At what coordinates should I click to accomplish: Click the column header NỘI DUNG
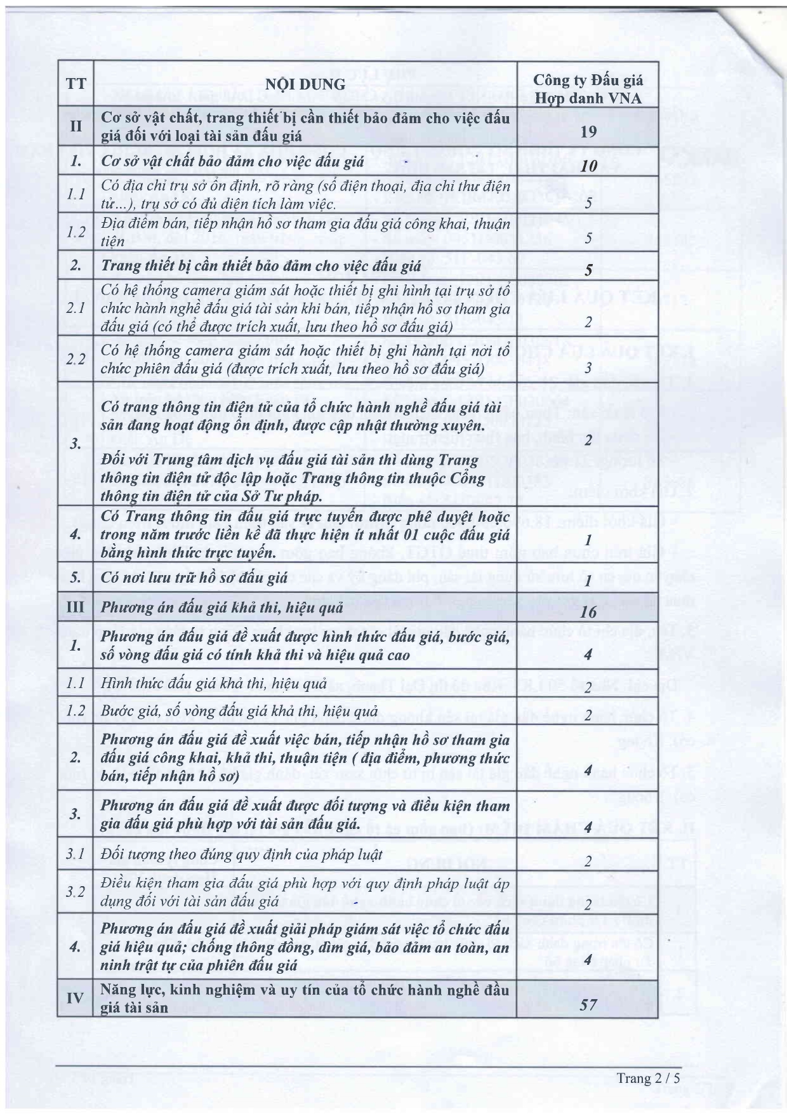tap(305, 84)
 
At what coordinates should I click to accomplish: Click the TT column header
tap(76, 84)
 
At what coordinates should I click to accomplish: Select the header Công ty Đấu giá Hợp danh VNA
tap(588, 89)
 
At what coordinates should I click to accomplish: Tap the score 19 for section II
tap(588, 131)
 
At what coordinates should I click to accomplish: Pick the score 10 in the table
tap(588, 166)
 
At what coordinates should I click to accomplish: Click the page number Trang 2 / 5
tap(647, 1078)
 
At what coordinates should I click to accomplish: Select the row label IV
tap(76, 998)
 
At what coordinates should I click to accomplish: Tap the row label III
tap(76, 606)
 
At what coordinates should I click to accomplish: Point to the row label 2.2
tap(76, 359)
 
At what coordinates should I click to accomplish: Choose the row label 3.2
tap(76, 891)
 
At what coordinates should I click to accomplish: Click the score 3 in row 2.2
tap(588, 368)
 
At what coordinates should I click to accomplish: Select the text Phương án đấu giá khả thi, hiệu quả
tap(222, 607)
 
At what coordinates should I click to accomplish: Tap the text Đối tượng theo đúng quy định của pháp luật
tap(241, 854)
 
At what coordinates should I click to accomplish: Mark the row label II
tap(76, 126)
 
